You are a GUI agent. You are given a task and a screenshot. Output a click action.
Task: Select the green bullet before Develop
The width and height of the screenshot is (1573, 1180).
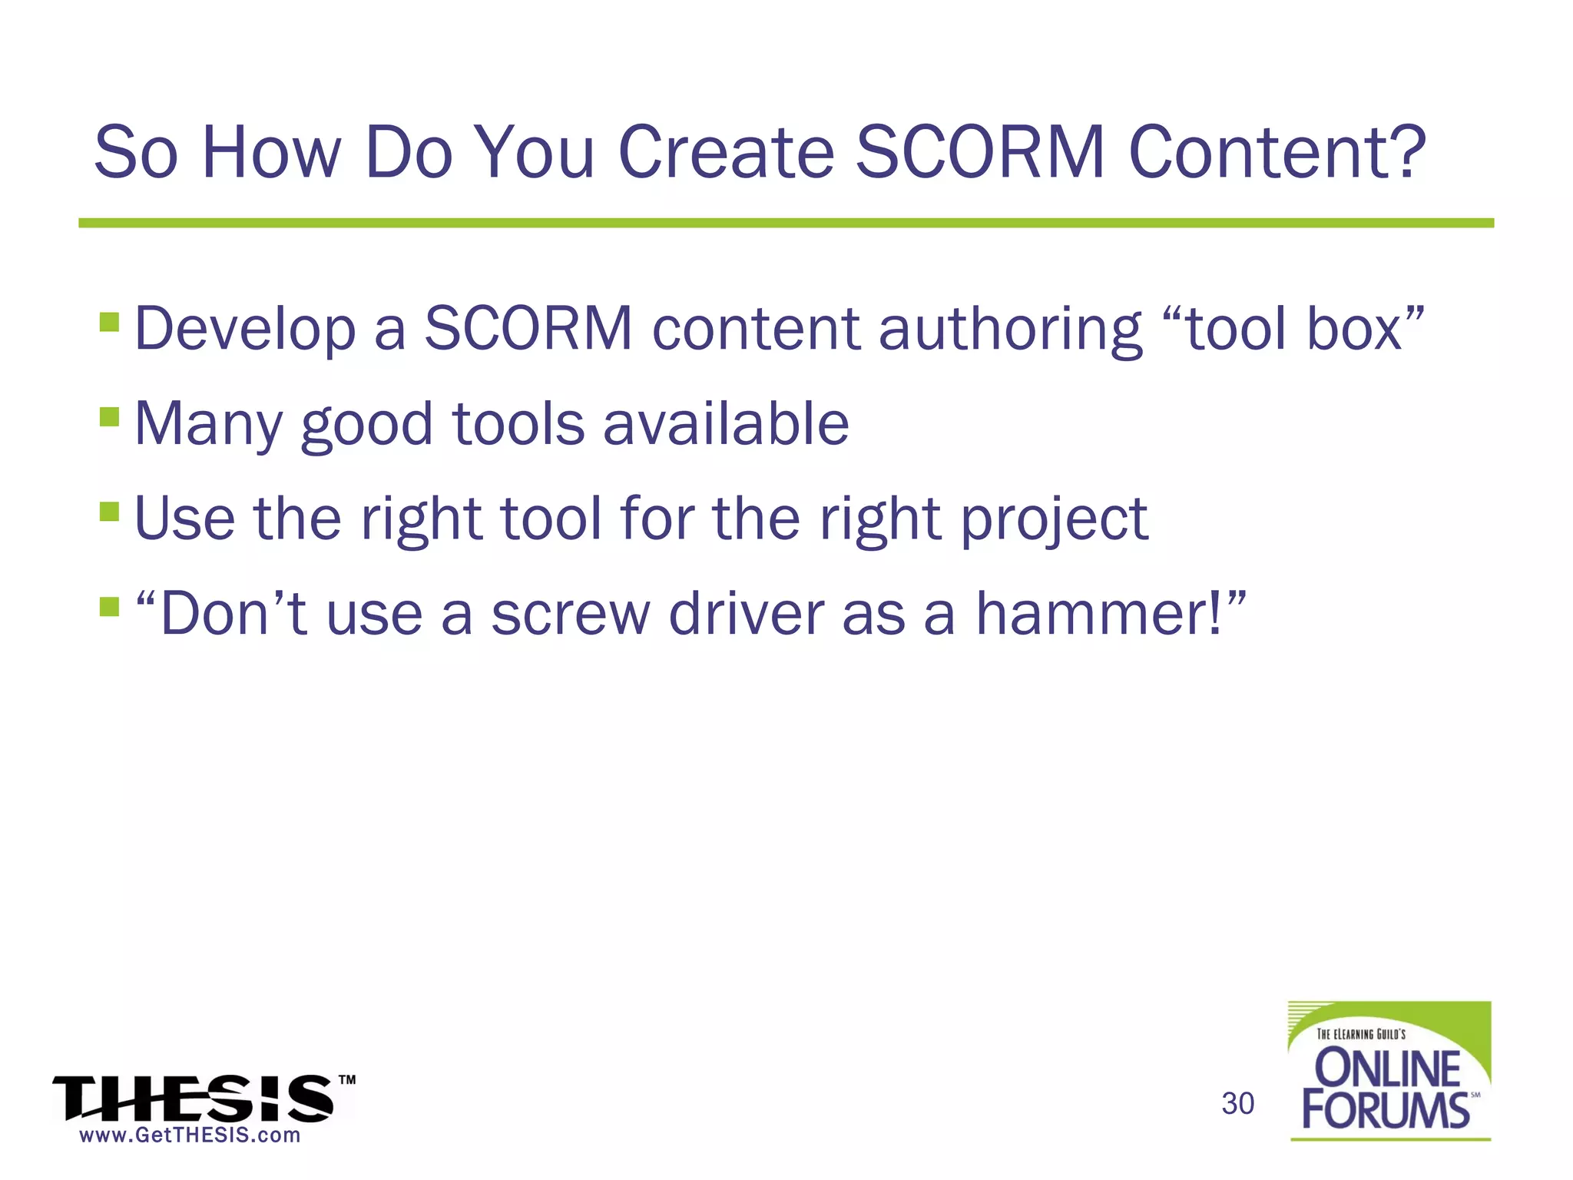pos(110,321)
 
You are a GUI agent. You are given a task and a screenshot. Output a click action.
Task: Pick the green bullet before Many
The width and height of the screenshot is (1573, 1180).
pos(110,416)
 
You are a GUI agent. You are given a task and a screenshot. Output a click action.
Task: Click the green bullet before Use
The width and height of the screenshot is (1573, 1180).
pos(110,512)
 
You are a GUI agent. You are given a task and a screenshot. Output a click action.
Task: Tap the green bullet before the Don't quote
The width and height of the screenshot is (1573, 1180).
pos(110,607)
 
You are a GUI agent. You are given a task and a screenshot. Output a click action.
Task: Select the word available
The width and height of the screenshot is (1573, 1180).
pos(726,423)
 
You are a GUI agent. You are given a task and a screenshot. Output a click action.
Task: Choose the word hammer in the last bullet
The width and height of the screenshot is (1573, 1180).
pos(1091,614)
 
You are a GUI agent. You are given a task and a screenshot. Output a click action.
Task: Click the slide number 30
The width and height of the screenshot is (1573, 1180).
pos(1237,1104)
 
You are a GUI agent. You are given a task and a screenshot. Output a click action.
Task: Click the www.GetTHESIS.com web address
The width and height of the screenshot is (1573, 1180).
pos(190,1135)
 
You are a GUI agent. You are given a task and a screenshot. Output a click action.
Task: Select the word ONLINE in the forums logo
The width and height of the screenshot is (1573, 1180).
pos(1387,1069)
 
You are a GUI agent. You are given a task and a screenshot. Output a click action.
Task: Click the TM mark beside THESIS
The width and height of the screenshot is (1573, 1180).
pos(347,1079)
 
